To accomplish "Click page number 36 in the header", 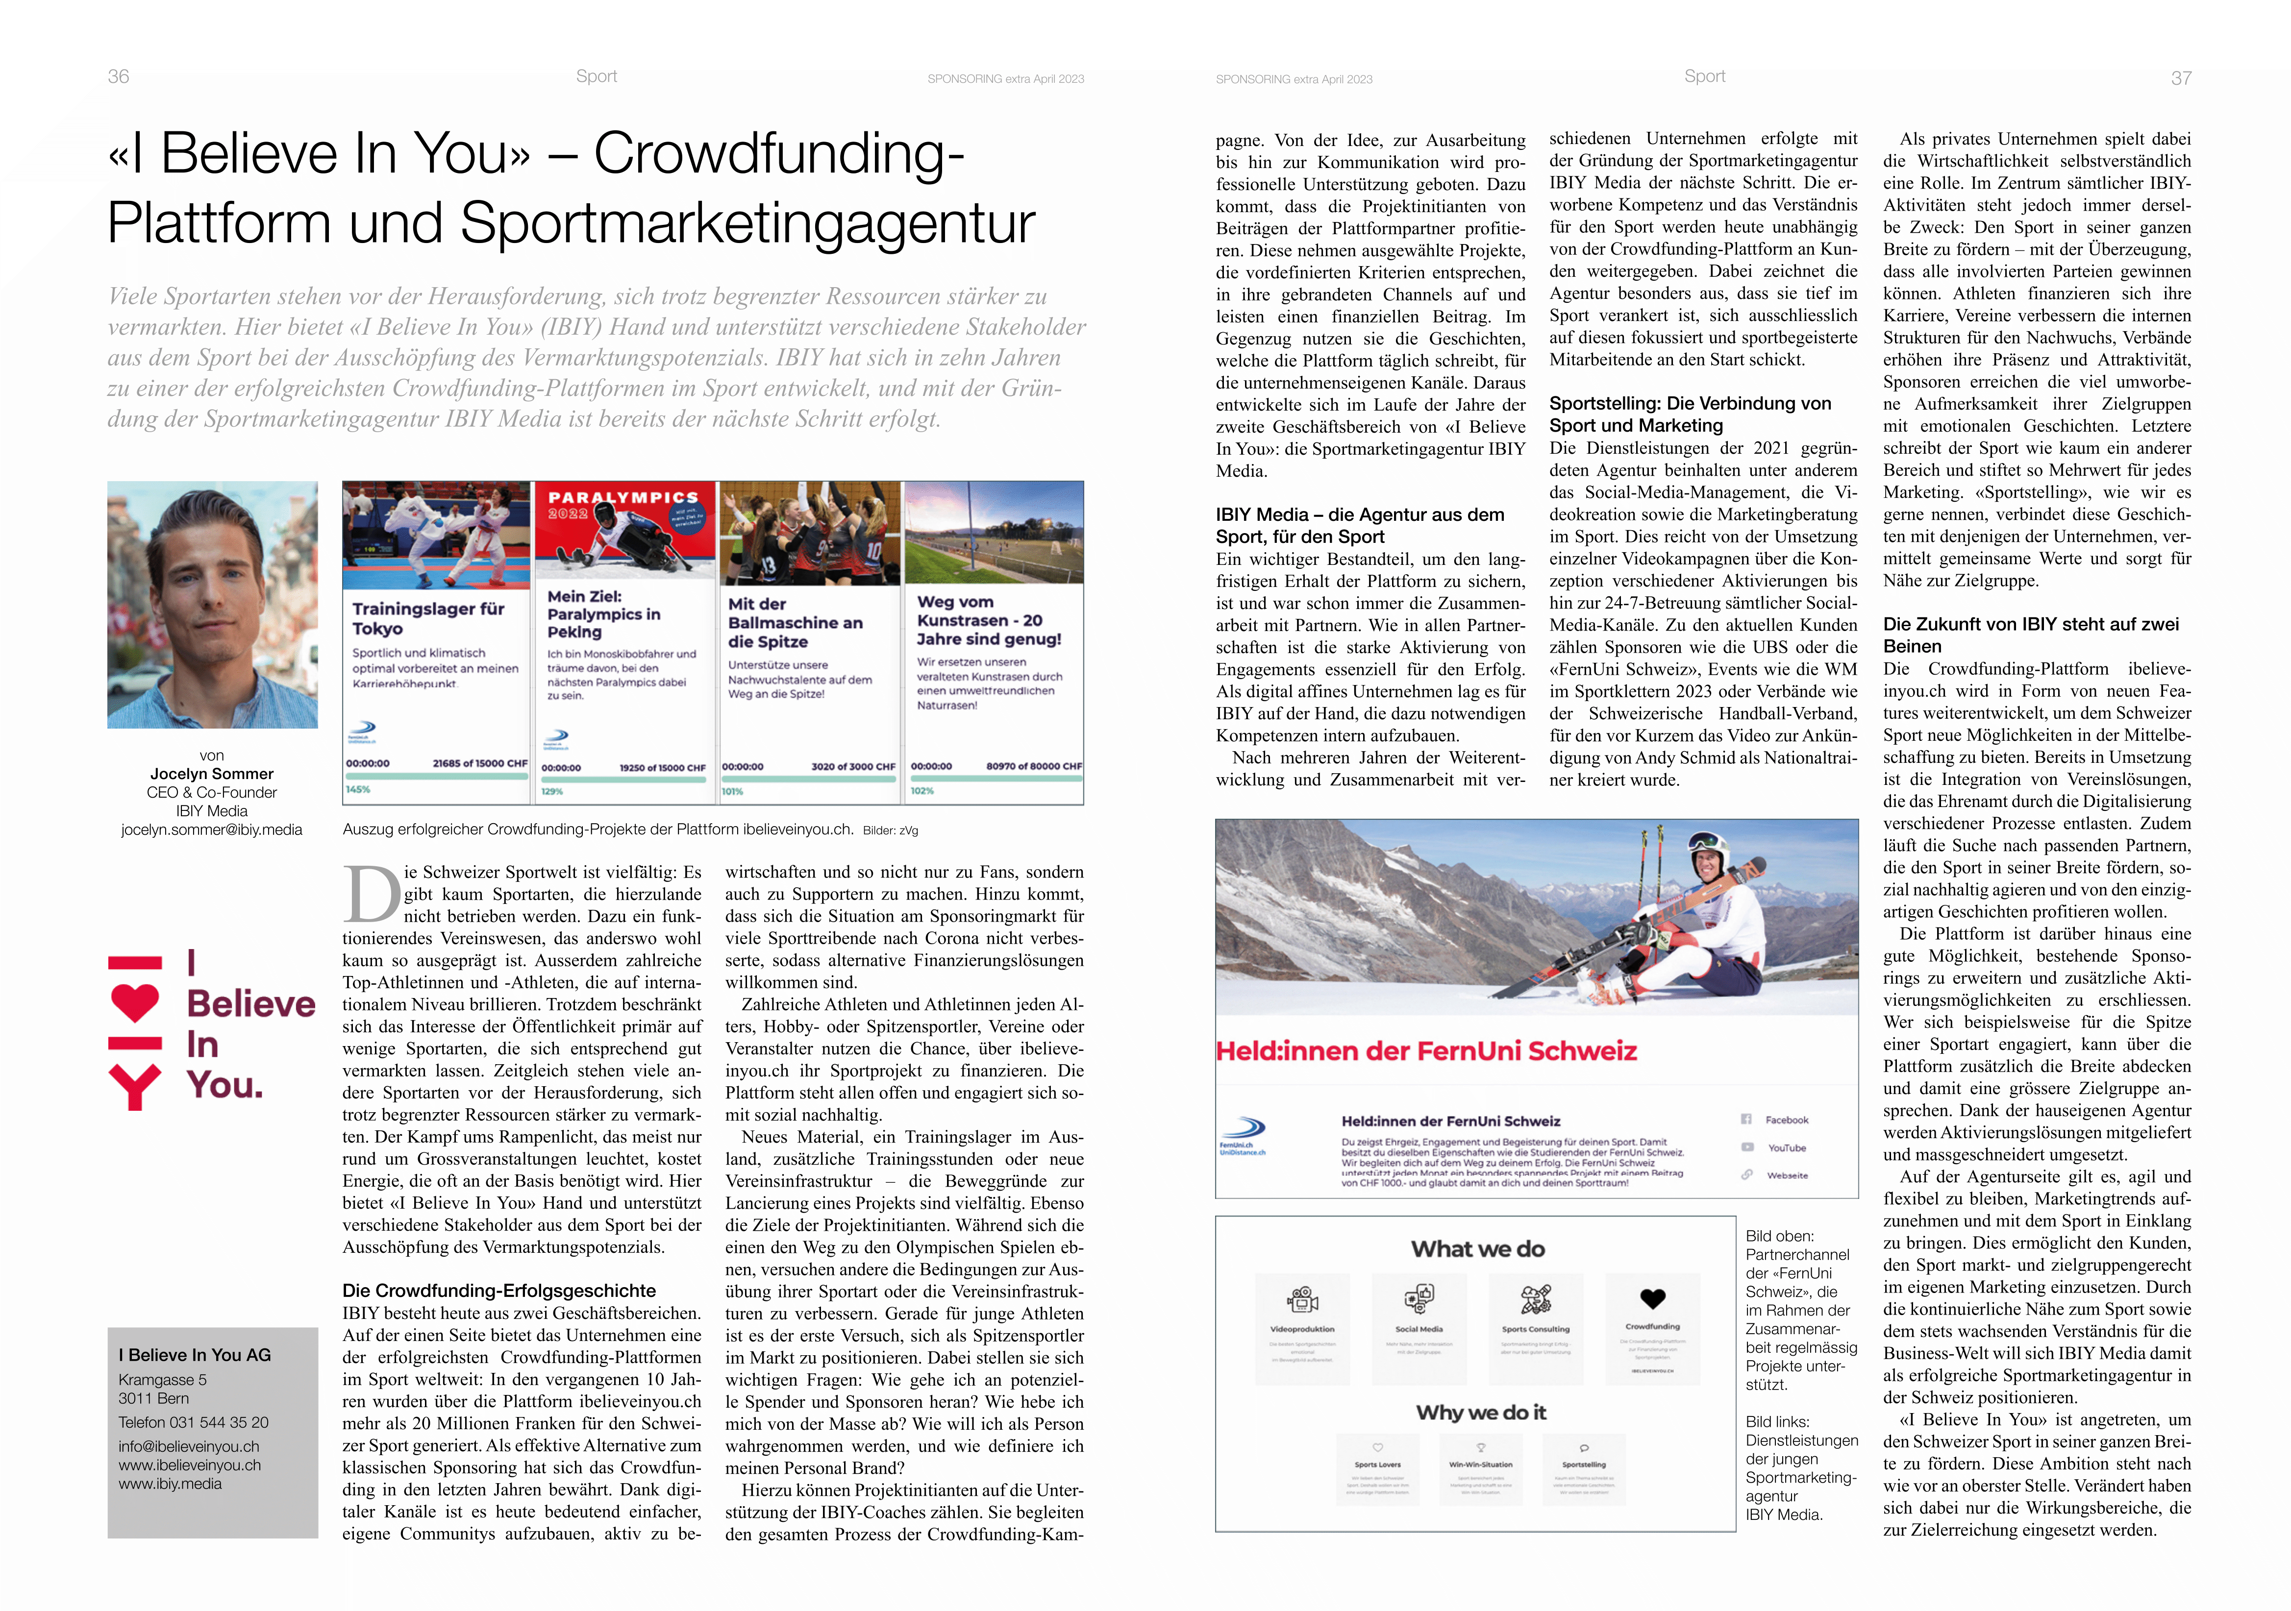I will click(x=118, y=77).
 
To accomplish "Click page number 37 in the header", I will click(x=2181, y=78).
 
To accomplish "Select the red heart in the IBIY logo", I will click(x=135, y=1001).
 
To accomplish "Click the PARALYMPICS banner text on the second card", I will click(x=623, y=497).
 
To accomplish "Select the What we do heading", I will click(x=1478, y=1249).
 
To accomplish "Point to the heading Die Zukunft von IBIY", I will click(x=2031, y=624).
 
